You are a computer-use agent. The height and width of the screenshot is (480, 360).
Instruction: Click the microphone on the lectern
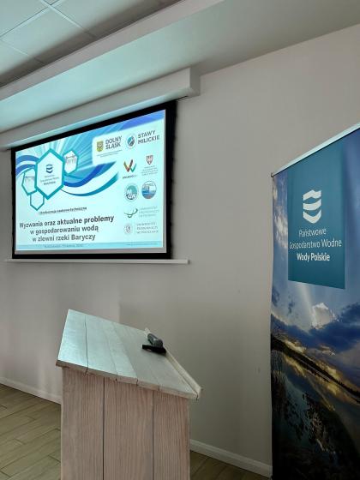click(x=154, y=342)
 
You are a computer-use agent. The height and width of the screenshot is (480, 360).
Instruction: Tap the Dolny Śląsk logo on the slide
click(x=109, y=145)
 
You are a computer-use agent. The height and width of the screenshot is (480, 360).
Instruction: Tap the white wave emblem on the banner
click(x=313, y=206)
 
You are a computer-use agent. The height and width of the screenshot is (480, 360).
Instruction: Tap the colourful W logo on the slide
click(x=129, y=165)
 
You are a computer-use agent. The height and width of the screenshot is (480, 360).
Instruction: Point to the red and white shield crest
click(x=149, y=160)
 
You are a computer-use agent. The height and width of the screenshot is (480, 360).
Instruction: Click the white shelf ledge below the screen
click(x=96, y=261)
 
